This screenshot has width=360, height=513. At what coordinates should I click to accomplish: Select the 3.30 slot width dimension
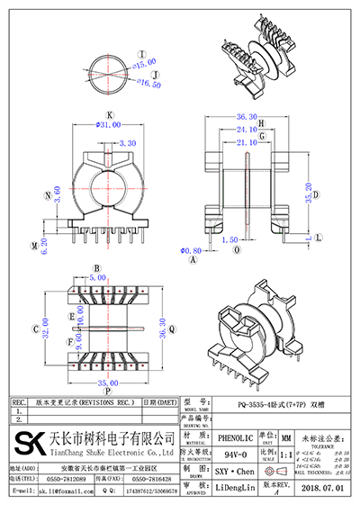point(128,142)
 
